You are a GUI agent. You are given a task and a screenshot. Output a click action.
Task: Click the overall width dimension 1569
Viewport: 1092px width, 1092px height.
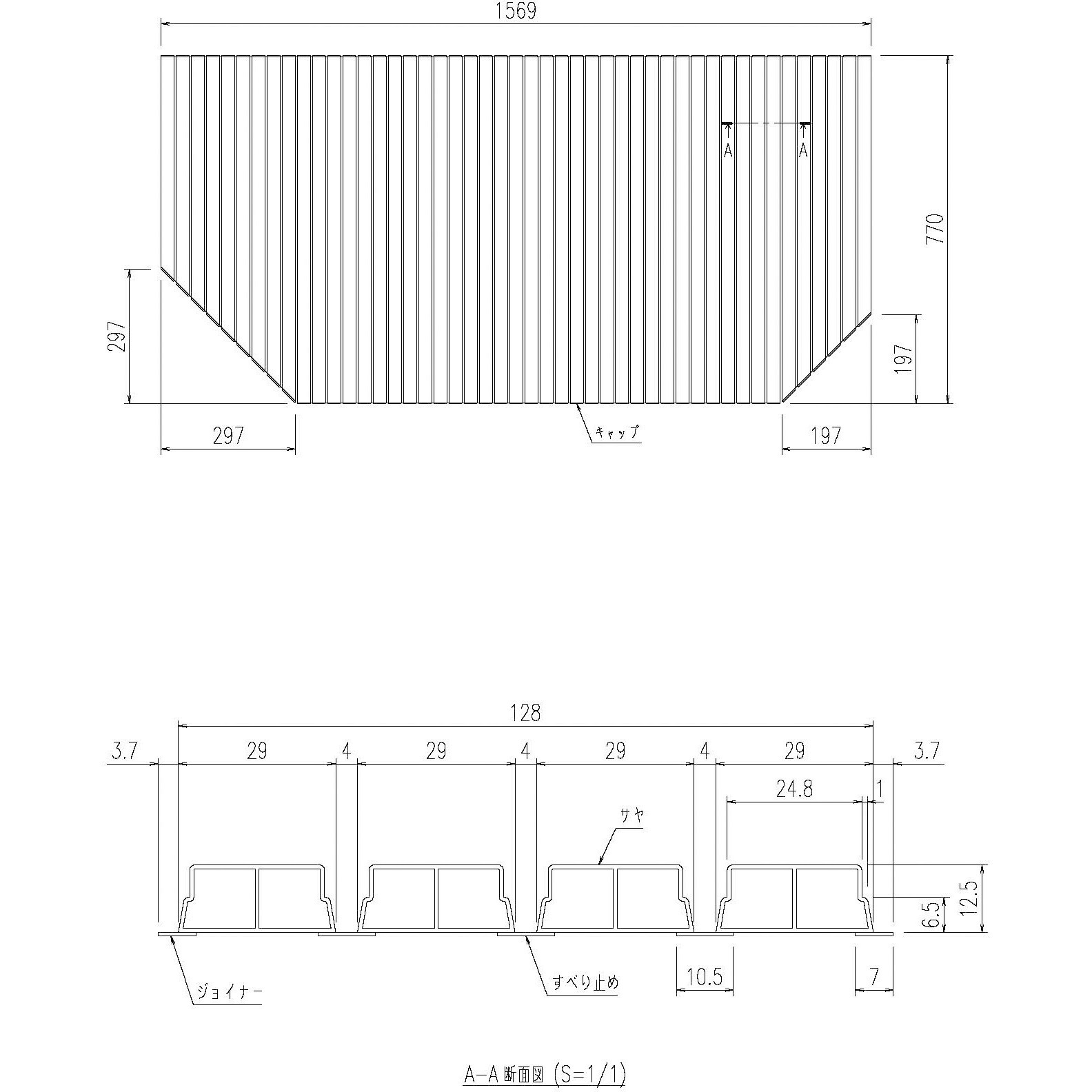[x=516, y=12]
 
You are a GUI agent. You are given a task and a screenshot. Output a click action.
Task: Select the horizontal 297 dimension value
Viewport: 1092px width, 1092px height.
[x=228, y=436]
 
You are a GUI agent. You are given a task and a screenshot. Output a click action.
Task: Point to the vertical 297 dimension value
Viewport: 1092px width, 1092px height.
[x=117, y=336]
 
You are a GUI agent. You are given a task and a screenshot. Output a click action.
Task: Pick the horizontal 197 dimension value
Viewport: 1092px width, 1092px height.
[x=827, y=436]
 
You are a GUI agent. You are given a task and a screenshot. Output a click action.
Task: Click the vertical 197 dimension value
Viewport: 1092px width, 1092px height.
[x=904, y=358]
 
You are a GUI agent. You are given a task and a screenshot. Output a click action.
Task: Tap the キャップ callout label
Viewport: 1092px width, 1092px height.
[x=618, y=432]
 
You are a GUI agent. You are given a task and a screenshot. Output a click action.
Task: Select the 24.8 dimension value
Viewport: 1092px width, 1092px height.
[x=794, y=789]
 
